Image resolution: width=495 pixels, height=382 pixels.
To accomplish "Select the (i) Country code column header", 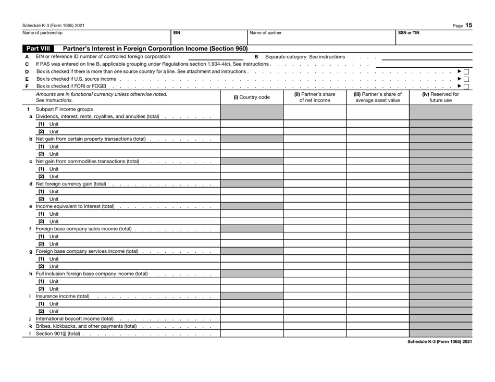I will [x=252, y=97].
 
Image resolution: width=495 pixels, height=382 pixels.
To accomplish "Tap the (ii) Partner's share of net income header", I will [x=314, y=97].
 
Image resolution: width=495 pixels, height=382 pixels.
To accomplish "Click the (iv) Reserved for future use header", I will [x=440, y=97].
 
